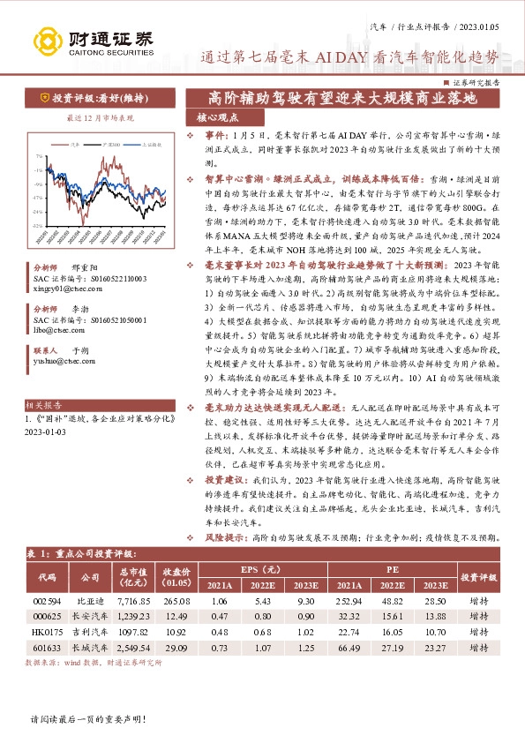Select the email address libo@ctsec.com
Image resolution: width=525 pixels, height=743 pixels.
[53, 328]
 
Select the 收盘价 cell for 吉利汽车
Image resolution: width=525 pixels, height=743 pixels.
[176, 631]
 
